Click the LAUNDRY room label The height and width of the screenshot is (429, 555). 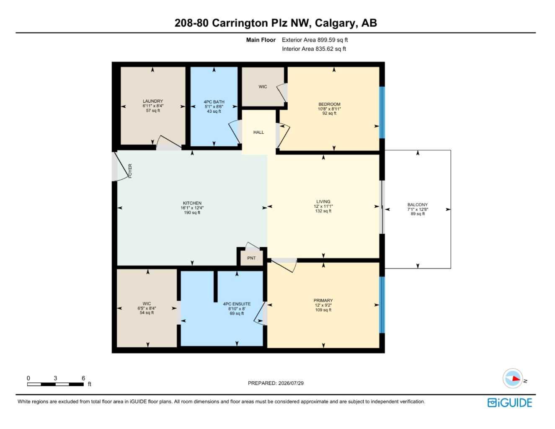[x=153, y=101]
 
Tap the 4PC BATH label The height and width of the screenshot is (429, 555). [x=214, y=102]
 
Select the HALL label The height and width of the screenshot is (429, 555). [x=258, y=132]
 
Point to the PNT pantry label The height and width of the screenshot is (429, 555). [x=252, y=258]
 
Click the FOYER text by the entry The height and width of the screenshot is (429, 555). [x=130, y=171]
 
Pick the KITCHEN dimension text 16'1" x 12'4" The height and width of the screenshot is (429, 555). [x=192, y=208]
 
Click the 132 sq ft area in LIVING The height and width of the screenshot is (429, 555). [x=323, y=211]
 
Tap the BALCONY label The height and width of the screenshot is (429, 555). [x=418, y=204]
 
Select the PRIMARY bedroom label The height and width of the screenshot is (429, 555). [x=323, y=300]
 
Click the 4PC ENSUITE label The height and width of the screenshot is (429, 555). [x=237, y=304]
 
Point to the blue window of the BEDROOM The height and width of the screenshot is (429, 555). [x=382, y=113]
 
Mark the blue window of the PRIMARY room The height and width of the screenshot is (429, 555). [x=382, y=305]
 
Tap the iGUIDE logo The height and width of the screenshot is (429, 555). [x=509, y=403]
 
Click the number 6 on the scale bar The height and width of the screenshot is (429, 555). [x=83, y=378]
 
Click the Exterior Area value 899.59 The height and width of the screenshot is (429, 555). [x=325, y=40]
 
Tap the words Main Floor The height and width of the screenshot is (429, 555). [x=261, y=40]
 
